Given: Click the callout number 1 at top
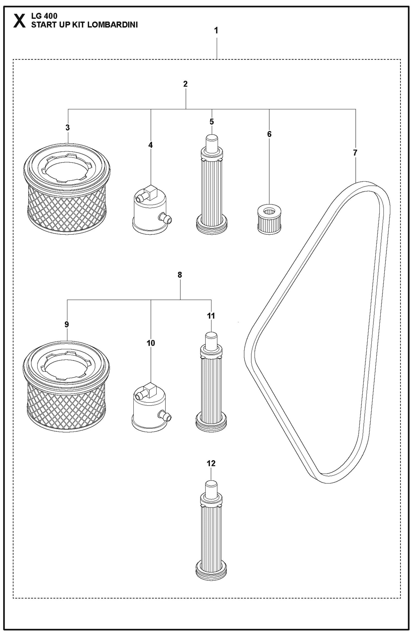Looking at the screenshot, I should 216,31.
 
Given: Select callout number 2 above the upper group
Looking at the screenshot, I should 185,84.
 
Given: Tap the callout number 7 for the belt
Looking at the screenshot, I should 355,153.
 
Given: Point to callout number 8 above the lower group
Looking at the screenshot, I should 179,275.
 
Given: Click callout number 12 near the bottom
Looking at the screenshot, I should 211,463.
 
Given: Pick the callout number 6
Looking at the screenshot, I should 269,134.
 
